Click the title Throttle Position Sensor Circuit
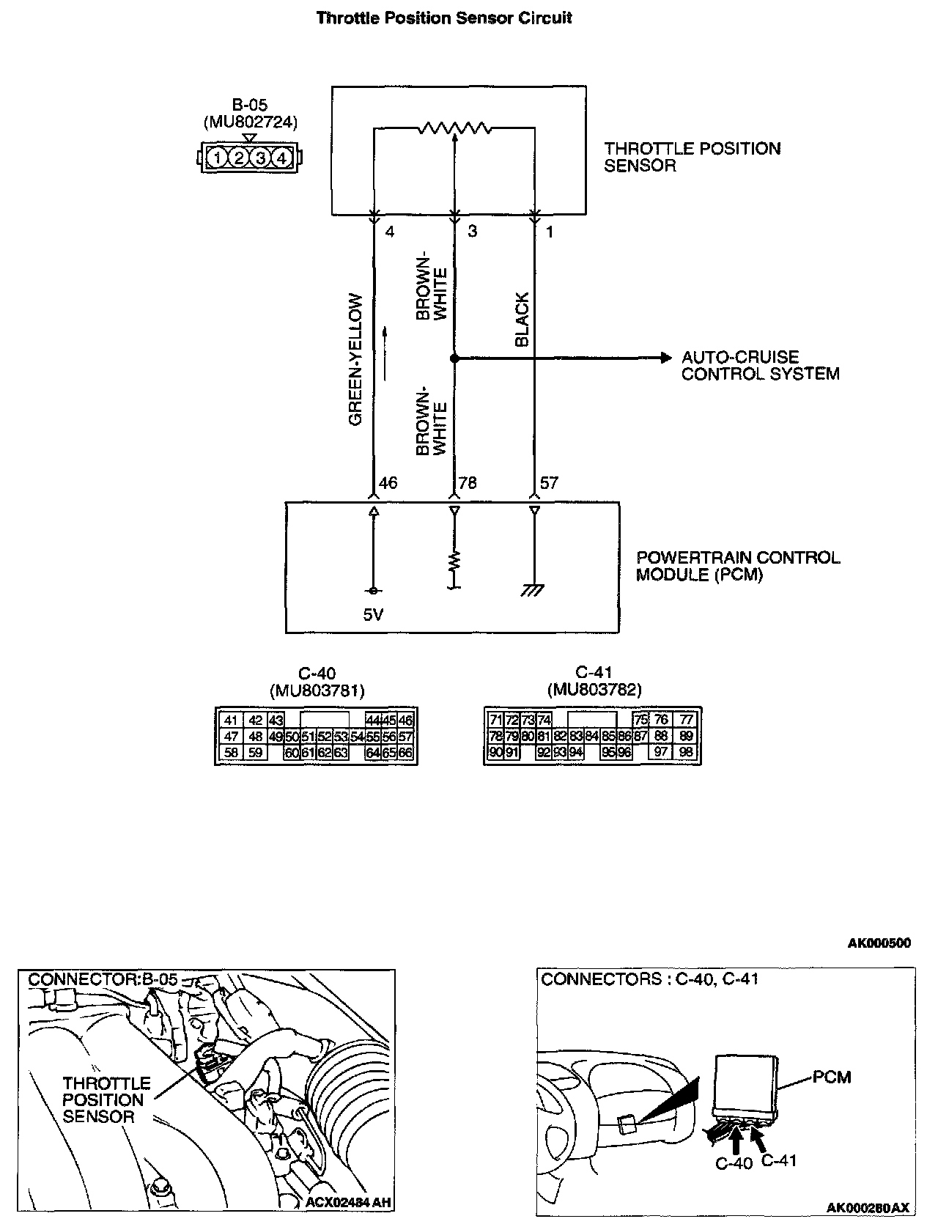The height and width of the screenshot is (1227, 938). [443, 18]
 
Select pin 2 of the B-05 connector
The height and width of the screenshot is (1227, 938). [239, 158]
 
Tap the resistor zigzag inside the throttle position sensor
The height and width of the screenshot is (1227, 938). [454, 129]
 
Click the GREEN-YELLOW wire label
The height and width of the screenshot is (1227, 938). [356, 359]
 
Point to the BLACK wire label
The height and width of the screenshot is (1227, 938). [522, 320]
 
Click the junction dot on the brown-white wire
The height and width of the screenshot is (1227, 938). [454, 358]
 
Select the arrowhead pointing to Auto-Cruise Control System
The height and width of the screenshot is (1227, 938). [665, 358]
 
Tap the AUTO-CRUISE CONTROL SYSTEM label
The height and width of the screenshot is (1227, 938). [760, 366]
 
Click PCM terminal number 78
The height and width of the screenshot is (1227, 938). [468, 483]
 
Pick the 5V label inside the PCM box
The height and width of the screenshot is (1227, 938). [373, 615]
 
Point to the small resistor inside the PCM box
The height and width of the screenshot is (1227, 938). [454, 561]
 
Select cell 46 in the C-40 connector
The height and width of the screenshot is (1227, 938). [406, 721]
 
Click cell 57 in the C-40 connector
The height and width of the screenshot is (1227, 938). [406, 737]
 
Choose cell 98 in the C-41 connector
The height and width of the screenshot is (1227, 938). [686, 752]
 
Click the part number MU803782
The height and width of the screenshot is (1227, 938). [594, 690]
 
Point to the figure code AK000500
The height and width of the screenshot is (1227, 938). [879, 943]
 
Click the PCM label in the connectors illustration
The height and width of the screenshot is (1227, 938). [832, 1077]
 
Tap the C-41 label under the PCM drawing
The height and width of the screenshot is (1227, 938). [778, 1160]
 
